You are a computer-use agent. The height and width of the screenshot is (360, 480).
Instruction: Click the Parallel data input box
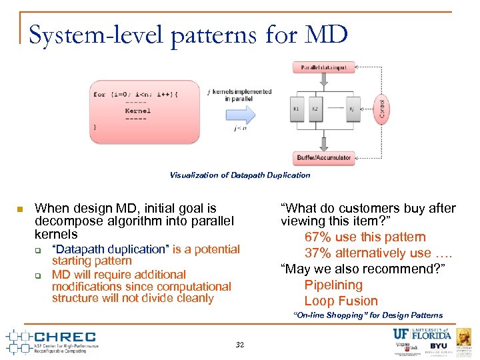click(323, 68)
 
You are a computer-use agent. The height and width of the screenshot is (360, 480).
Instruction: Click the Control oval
click(382, 107)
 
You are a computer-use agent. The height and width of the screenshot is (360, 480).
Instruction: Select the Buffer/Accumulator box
click(323, 158)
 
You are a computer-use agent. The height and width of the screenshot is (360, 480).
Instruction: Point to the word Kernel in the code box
click(137, 111)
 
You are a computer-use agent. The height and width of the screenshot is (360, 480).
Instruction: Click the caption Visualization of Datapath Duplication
click(239, 175)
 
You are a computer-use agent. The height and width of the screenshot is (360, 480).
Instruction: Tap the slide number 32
click(240, 345)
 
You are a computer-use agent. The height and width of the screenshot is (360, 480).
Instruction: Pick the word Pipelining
click(333, 285)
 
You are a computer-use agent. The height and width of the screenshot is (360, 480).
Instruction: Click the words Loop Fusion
click(341, 301)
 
